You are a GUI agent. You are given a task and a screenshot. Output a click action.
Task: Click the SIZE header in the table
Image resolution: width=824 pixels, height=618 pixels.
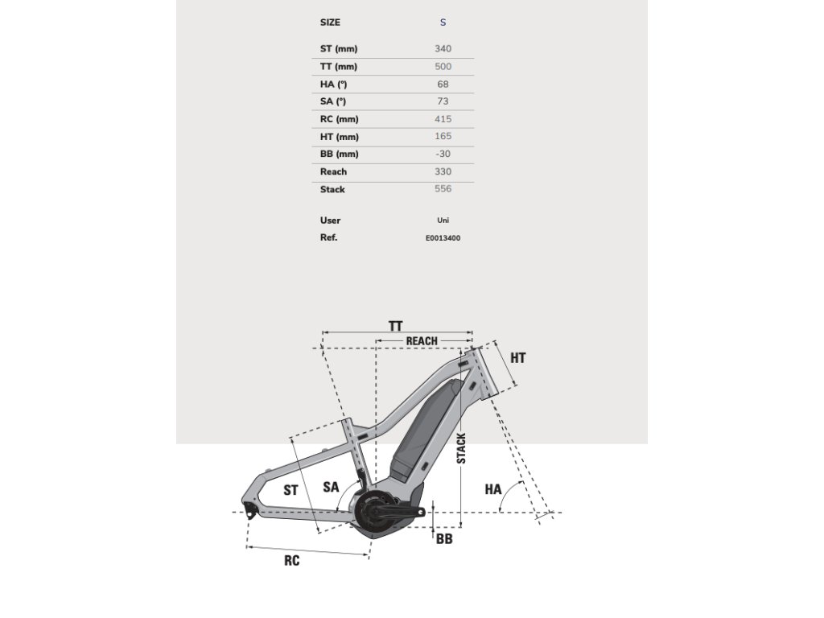coord(330,23)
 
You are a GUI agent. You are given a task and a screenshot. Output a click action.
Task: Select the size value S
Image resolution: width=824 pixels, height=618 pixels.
coord(443,23)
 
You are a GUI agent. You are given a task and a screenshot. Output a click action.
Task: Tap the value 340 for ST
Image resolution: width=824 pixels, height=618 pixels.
coord(443,49)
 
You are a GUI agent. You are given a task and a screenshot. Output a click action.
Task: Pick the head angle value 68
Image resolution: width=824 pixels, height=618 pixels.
coord(443,84)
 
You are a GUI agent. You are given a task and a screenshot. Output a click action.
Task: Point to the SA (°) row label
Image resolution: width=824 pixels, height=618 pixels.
coord(333,101)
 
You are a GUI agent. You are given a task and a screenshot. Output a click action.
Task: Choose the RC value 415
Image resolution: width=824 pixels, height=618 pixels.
coord(443,119)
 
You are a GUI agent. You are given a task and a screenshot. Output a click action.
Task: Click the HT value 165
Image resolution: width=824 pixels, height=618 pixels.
coord(443,137)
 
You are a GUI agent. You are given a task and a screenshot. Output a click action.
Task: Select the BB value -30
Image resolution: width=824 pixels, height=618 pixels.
coord(443,154)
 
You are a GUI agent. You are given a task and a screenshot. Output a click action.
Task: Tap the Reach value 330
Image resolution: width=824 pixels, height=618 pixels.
coord(443,171)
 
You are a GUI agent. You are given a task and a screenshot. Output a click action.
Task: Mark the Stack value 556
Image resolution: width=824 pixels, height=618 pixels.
coord(443,189)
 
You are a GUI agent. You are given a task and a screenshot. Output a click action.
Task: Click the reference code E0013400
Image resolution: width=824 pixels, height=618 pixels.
coord(443,238)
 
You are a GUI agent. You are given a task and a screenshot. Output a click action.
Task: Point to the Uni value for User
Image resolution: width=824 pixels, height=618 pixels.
coord(443,220)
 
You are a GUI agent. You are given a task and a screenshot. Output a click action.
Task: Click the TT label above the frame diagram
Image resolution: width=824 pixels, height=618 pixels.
coord(395,326)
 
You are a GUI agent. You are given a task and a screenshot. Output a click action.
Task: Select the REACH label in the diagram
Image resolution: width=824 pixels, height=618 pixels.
coord(422,341)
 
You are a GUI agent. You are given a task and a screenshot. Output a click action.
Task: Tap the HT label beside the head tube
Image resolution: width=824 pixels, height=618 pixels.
coord(517,357)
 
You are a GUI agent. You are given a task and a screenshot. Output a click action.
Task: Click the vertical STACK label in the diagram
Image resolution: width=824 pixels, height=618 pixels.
coord(461,447)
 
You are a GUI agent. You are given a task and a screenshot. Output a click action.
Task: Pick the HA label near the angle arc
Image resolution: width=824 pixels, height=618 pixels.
coord(493,488)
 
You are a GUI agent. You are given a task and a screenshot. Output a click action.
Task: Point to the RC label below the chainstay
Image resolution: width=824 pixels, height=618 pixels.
coord(291,560)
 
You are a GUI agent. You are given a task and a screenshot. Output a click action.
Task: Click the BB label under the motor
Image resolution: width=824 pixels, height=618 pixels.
coord(443,538)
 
